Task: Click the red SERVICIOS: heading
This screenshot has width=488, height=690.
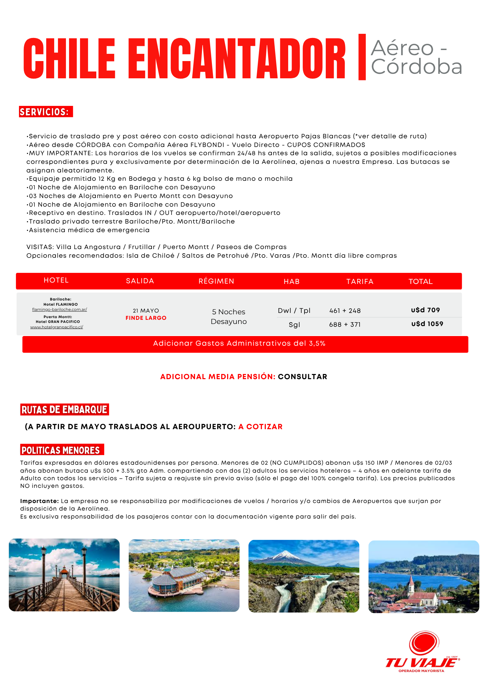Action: (x=46, y=112)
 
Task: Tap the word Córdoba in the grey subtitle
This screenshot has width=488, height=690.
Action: (x=417, y=67)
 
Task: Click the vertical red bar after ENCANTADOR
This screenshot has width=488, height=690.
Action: (x=362, y=57)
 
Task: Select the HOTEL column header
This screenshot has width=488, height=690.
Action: (x=56, y=280)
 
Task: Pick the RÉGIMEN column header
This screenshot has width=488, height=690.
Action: (x=216, y=281)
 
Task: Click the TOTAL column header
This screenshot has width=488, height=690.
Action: (x=420, y=282)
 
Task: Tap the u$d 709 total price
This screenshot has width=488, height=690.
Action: (x=426, y=310)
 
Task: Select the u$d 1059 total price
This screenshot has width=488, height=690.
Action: (x=427, y=324)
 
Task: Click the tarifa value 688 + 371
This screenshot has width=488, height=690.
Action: (x=345, y=325)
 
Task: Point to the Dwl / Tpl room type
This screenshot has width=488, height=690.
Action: (x=294, y=310)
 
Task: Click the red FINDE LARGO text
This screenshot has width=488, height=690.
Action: (x=146, y=318)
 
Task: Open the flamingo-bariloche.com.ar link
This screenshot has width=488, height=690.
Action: (x=59, y=309)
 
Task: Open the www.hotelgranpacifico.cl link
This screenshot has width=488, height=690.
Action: (x=57, y=327)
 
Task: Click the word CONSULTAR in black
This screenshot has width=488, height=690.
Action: (x=303, y=377)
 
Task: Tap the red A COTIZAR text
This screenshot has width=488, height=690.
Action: (x=261, y=427)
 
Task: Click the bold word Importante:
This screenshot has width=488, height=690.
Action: (x=40, y=501)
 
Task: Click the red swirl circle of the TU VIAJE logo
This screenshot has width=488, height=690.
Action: (x=424, y=644)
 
